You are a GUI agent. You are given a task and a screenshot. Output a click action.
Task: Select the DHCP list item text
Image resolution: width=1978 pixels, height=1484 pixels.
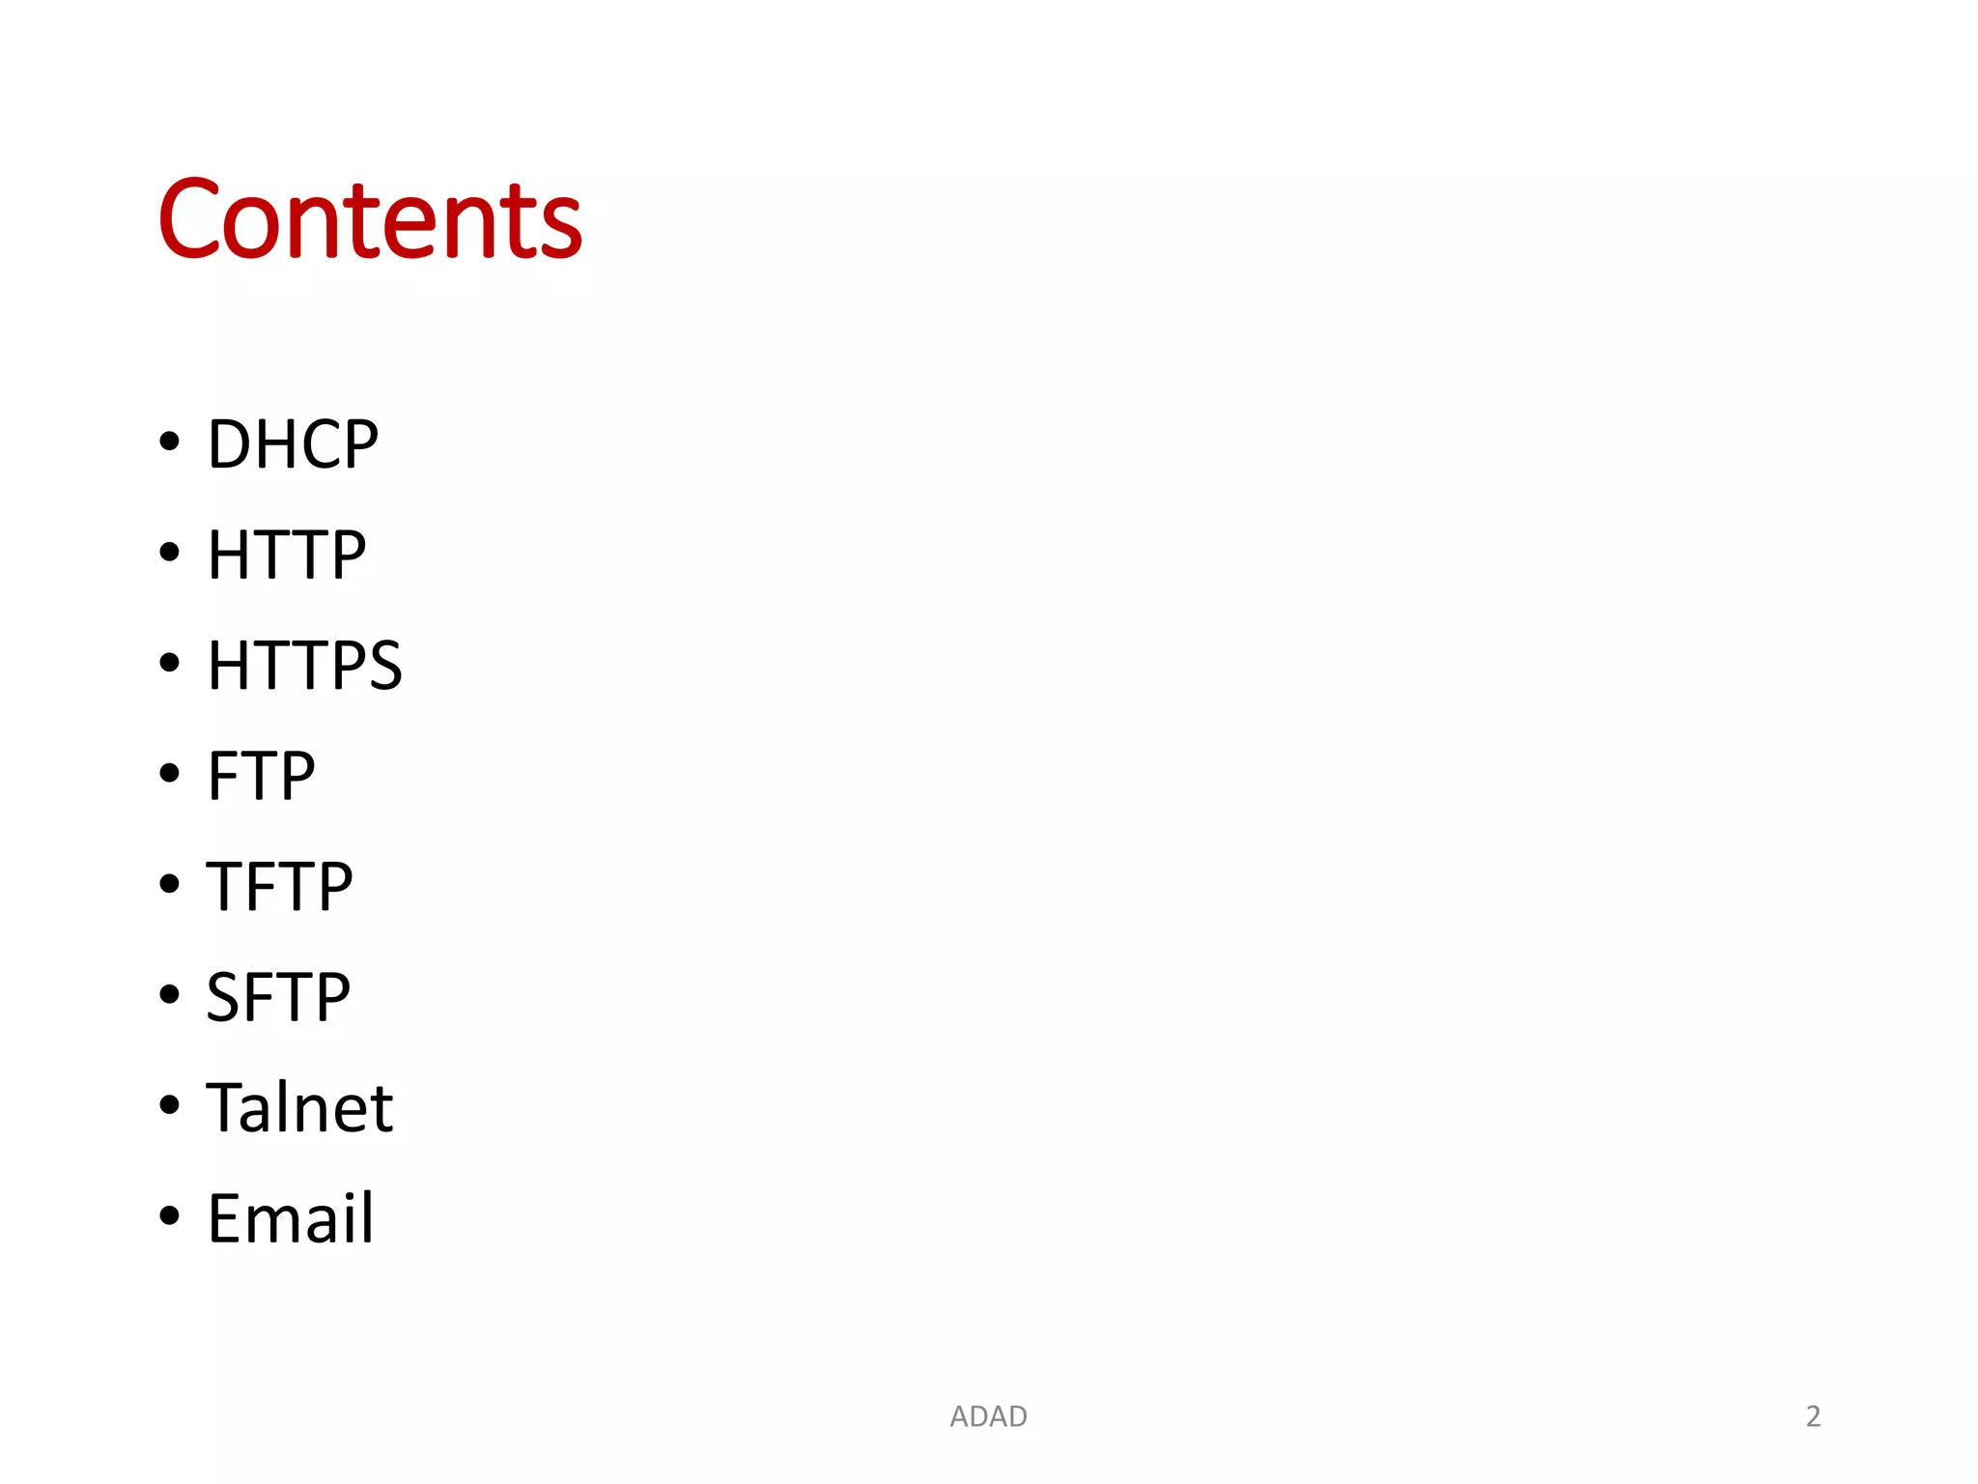(x=293, y=444)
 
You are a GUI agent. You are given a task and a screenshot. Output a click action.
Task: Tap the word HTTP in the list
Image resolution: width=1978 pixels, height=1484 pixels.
(x=287, y=556)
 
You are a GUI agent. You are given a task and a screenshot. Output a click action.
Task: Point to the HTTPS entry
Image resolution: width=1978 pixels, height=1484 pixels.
(x=304, y=666)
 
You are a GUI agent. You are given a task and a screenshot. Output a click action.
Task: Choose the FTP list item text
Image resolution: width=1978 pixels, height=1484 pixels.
(x=261, y=776)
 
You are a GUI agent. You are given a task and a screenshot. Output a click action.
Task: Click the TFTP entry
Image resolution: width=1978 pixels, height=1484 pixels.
(x=279, y=886)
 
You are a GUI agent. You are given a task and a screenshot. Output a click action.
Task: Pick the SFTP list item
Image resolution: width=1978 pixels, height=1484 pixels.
(x=278, y=997)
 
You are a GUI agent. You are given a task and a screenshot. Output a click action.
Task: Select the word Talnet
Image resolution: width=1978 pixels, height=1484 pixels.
(x=299, y=1107)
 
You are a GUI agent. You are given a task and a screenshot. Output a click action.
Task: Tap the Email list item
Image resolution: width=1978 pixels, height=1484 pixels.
(x=290, y=1218)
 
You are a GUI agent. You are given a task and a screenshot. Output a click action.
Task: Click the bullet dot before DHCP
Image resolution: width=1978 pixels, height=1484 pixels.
(x=170, y=442)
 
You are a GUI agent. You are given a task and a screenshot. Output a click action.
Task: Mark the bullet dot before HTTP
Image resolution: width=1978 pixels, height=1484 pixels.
(x=170, y=553)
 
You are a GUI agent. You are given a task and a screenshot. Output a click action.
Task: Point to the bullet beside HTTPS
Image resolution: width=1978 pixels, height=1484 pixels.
(x=170, y=663)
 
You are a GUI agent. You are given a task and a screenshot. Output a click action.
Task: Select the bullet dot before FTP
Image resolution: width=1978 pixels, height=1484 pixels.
(x=170, y=773)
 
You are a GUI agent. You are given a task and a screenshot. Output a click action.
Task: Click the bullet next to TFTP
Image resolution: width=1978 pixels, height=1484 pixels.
(x=170, y=883)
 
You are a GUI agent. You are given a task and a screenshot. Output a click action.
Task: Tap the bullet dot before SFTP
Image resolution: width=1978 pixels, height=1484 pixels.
(x=170, y=994)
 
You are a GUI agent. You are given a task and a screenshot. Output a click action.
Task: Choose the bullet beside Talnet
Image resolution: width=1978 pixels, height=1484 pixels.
(x=170, y=1104)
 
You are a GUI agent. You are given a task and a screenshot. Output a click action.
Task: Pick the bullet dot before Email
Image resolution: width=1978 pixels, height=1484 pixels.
(x=170, y=1215)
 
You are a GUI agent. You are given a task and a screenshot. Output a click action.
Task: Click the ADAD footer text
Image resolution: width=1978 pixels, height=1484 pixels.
(x=988, y=1416)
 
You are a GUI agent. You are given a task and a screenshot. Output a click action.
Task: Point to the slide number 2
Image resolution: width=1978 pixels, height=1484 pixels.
(x=1813, y=1416)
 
